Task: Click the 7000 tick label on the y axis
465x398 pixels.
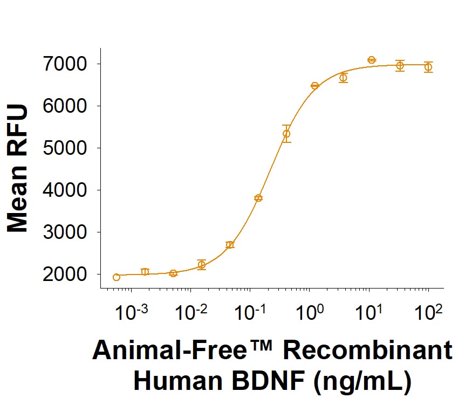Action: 65,64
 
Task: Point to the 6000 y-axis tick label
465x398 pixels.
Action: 65,106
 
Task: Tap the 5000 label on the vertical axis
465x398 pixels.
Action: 65,148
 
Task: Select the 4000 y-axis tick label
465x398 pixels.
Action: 65,190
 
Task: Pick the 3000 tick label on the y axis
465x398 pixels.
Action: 65,232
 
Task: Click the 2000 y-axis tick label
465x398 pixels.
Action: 65,275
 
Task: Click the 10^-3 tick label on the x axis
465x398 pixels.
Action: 131,313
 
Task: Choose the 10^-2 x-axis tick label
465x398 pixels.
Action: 190,313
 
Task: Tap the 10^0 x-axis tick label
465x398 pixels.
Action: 309,313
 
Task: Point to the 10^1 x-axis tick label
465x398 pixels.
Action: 368,313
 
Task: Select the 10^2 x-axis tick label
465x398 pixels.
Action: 428,313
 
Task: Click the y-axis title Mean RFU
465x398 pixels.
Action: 17,168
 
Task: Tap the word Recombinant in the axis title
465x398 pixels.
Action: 368,351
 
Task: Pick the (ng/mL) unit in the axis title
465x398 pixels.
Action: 363,381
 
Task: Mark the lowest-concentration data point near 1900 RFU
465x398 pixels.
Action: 117,277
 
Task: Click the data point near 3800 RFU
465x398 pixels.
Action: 258,198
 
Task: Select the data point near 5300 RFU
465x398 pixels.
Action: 286,134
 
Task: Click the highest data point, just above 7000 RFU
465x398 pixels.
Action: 372,60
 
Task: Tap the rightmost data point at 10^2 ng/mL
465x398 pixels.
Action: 428,67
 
